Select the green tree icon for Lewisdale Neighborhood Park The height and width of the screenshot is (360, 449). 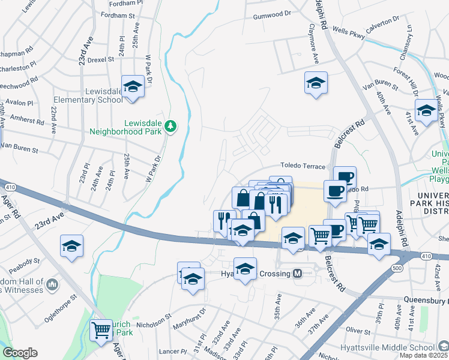(x=171, y=126)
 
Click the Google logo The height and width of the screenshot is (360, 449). (x=20, y=353)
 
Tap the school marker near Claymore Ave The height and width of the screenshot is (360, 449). (x=316, y=83)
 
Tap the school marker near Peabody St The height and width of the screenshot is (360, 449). (x=71, y=246)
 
